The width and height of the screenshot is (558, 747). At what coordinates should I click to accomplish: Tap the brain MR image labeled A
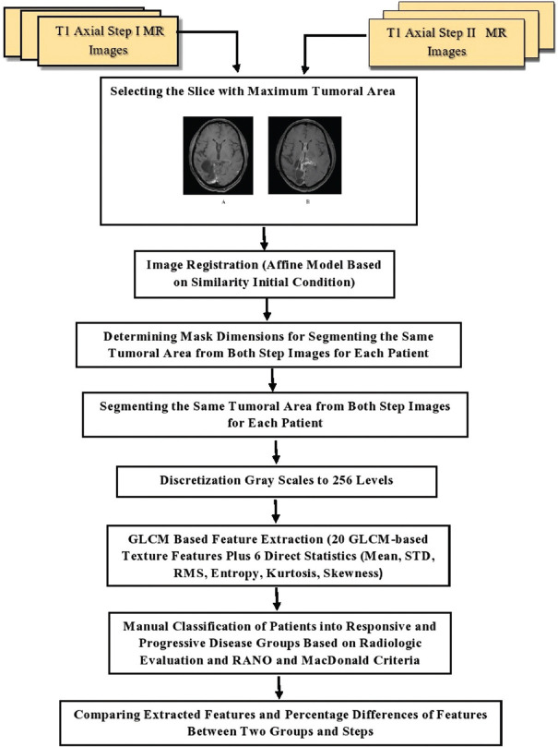point(217,154)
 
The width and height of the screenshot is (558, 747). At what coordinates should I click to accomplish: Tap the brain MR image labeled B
point(304,154)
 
